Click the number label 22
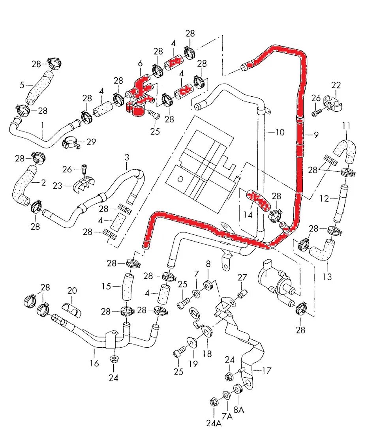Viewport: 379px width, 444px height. click(x=336, y=85)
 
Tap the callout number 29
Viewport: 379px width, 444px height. click(x=91, y=142)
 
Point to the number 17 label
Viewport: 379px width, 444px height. click(x=267, y=371)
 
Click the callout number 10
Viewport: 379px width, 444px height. click(x=280, y=132)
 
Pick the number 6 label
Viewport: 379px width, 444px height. click(x=140, y=63)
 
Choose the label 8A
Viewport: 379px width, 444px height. click(x=239, y=410)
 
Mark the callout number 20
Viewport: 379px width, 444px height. click(x=71, y=291)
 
